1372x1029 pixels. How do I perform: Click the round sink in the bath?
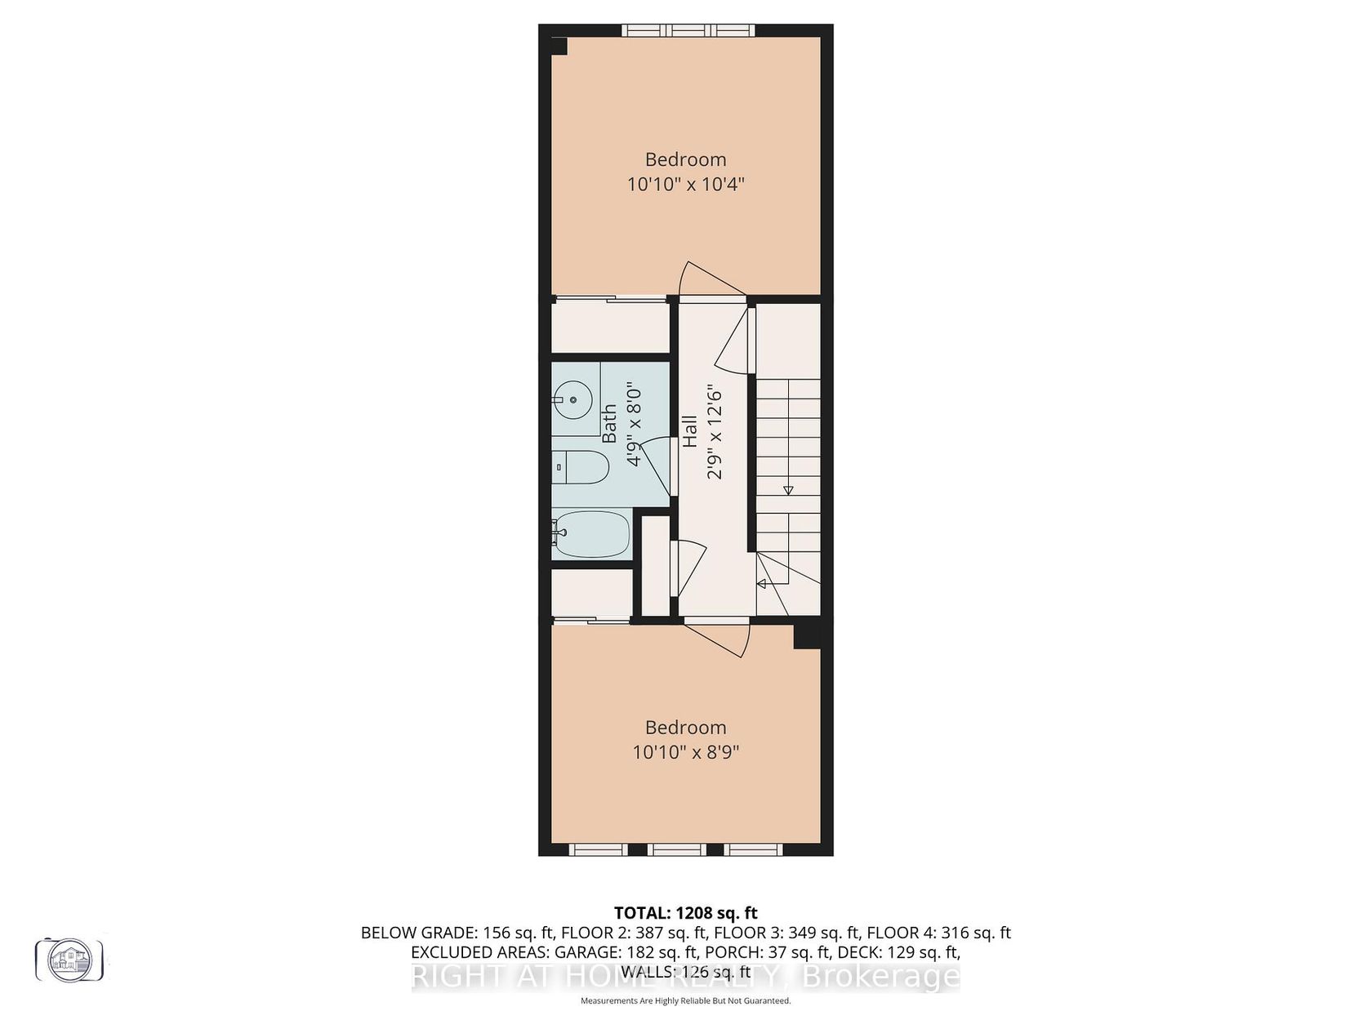coord(572,399)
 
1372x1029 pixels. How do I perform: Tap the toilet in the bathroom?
coord(581,466)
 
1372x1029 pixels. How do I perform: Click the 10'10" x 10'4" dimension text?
coord(686,185)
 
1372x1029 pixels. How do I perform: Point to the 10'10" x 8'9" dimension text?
coord(686,752)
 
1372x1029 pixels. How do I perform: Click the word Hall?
coord(689,432)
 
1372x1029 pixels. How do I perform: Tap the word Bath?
coord(609,424)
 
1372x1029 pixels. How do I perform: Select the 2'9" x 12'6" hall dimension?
coord(715,432)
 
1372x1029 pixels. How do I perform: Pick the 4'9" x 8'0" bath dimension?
coord(634,424)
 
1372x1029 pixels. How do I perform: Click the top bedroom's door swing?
coord(711,278)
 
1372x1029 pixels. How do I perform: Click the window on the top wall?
coord(688,30)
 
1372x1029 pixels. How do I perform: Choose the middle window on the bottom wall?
coord(676,849)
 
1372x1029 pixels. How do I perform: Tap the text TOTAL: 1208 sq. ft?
coord(686,913)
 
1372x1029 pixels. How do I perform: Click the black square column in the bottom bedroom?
coord(807,636)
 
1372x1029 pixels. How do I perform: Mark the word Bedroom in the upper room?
coord(686,159)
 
